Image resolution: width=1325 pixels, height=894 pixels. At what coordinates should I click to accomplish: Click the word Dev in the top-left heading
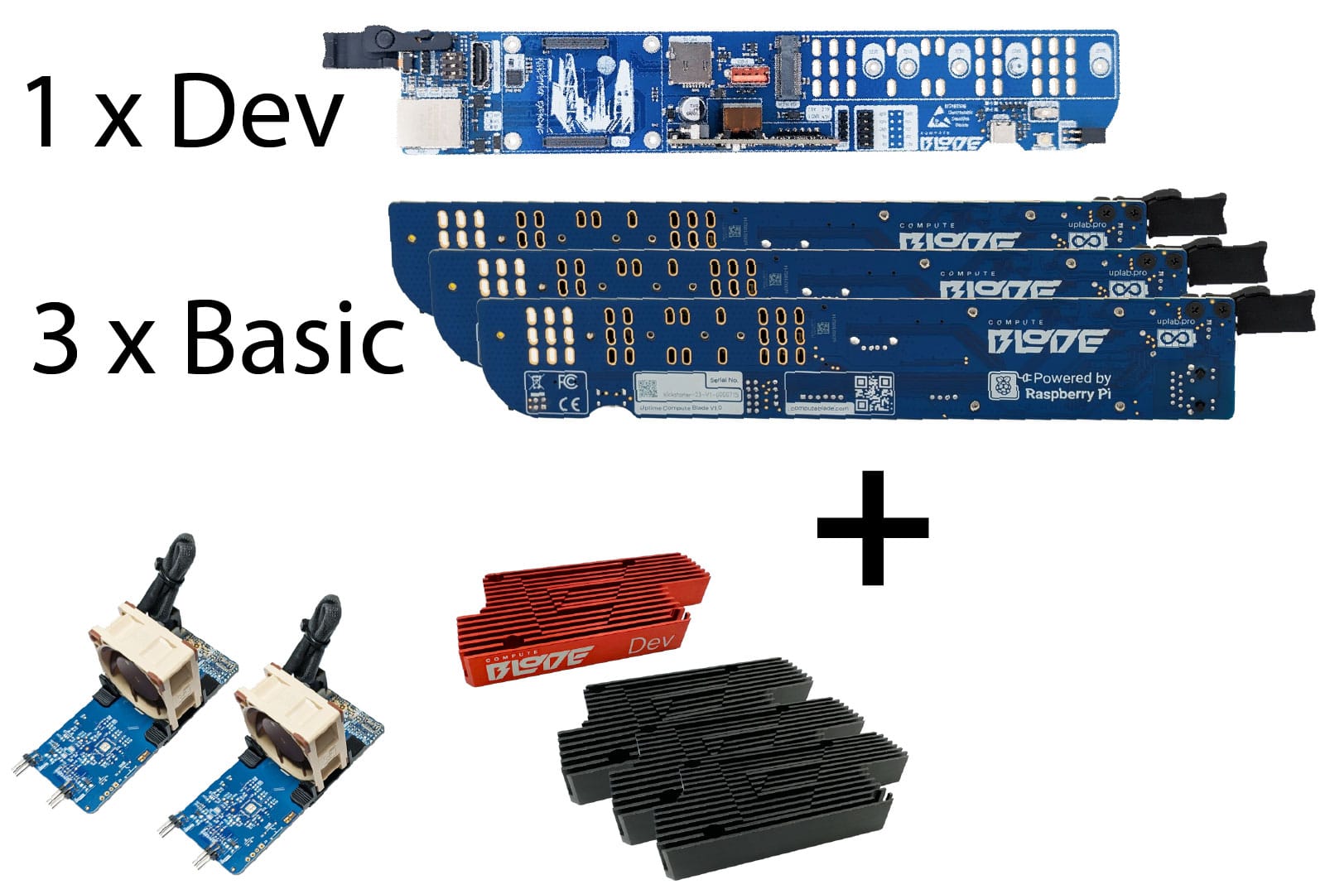pyautogui.click(x=257, y=109)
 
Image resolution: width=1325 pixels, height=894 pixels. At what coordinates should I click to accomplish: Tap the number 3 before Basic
pyautogui.click(x=56, y=337)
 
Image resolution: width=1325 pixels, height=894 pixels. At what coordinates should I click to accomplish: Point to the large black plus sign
pyautogui.click(x=872, y=527)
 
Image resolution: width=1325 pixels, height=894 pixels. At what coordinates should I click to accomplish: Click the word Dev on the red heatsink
pyautogui.click(x=652, y=644)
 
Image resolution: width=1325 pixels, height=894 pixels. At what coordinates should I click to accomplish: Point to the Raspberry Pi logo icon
pyautogui.click(x=1005, y=386)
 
